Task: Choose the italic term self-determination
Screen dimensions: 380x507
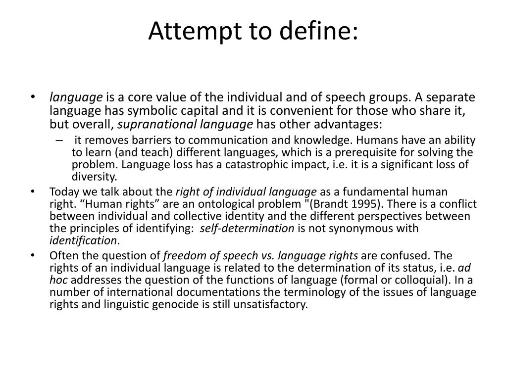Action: click(251, 228)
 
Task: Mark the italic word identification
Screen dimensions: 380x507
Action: click(84, 240)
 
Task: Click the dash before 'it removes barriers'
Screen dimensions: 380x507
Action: click(60, 140)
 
